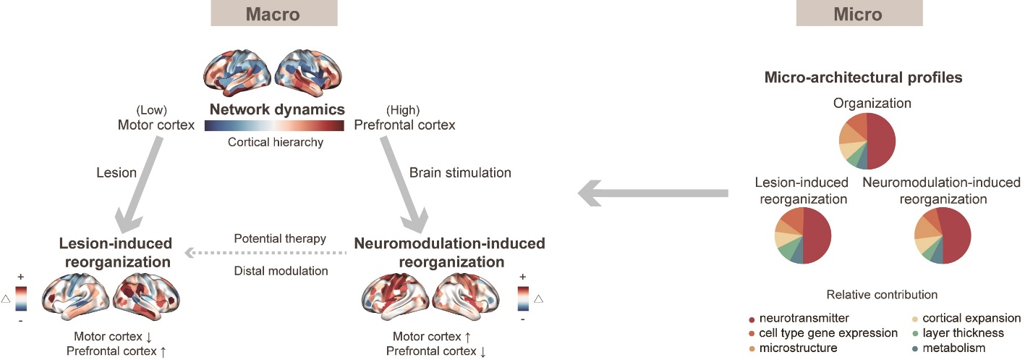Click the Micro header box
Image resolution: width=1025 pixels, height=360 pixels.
pos(859,13)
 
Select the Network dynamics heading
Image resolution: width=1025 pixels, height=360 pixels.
pos(276,110)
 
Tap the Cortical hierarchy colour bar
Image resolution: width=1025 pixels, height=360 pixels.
pos(274,126)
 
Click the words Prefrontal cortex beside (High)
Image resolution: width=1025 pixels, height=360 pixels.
pos(404,125)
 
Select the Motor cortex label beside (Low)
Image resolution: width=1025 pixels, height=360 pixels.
pos(157,125)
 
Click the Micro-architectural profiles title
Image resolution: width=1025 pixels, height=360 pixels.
pos(863,77)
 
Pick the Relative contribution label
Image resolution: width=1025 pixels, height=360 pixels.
pos(881,295)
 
